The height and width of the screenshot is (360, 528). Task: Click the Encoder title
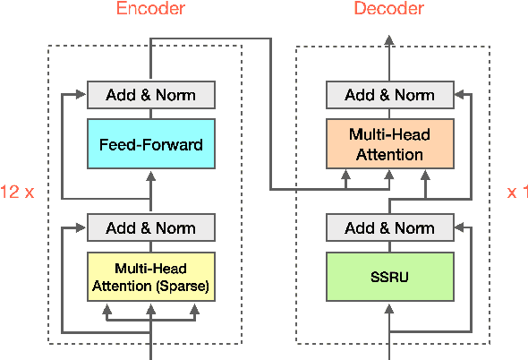(150, 10)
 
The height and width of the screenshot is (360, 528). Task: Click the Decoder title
(388, 10)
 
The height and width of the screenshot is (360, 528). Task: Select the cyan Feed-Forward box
(150, 144)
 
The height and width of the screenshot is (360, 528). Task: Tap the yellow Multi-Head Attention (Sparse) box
(150, 277)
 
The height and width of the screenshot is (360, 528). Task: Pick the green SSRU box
(389, 277)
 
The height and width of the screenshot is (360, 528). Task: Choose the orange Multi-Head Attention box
(389, 144)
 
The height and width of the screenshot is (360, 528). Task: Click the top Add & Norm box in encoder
(150, 95)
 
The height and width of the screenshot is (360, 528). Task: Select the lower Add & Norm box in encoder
(150, 227)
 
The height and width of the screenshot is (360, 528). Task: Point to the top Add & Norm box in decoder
(389, 95)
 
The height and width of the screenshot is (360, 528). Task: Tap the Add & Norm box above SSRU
(389, 227)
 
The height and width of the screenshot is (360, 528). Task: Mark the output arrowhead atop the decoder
(389, 39)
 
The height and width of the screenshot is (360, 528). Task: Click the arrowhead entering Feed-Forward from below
(150, 174)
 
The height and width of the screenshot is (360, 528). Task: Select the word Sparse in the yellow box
(185, 286)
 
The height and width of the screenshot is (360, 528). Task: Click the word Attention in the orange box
(389, 154)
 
